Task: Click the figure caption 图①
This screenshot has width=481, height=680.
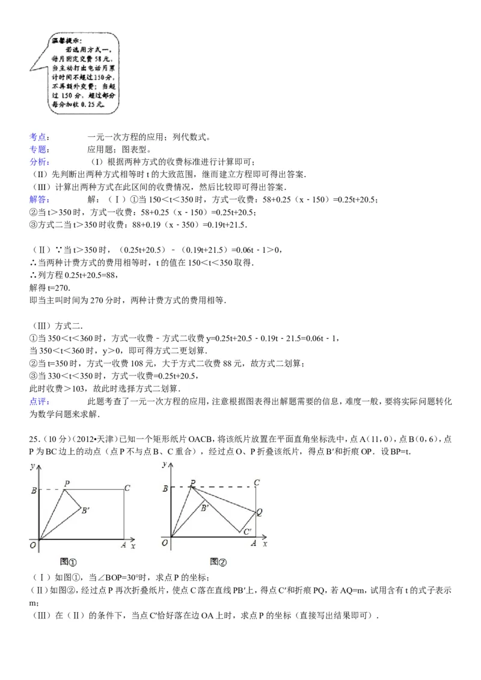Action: tap(69, 562)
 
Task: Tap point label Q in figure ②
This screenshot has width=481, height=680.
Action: tap(260, 512)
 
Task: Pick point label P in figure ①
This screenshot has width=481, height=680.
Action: tap(66, 483)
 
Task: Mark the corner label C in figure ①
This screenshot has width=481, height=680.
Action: tap(127, 488)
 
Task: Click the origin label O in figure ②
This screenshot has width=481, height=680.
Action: tap(165, 544)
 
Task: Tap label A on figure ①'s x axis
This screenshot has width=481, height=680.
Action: tap(123, 544)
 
